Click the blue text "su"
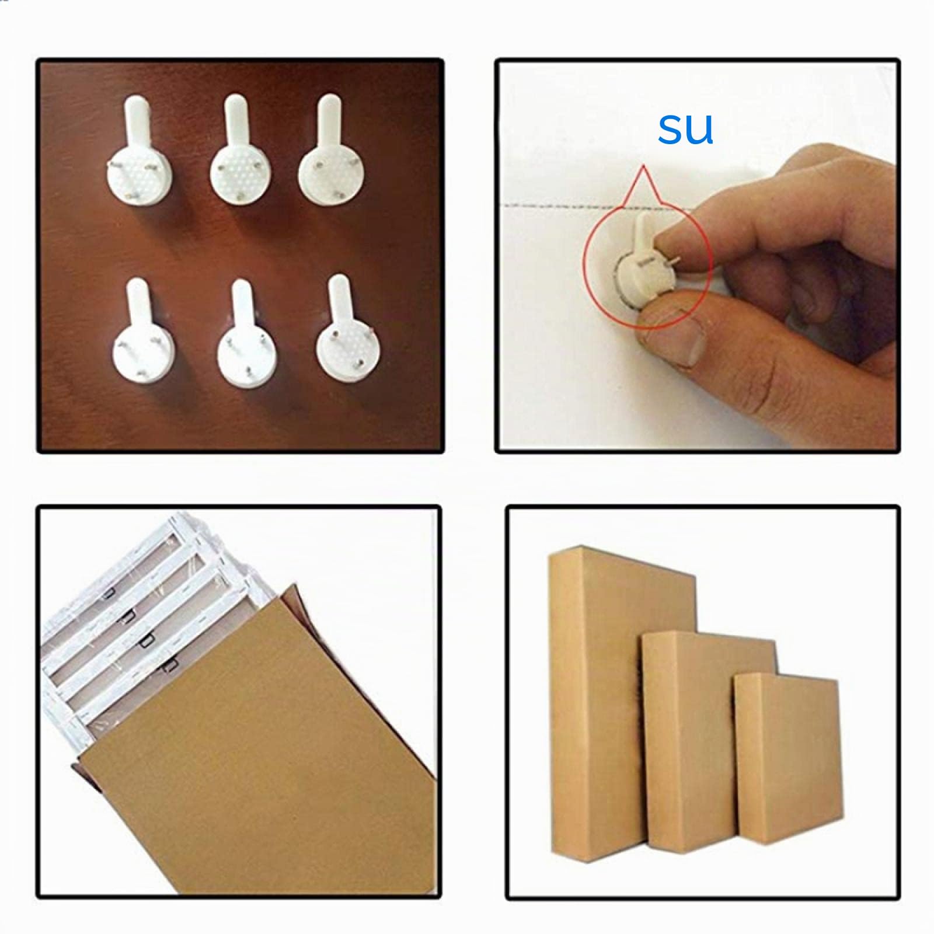coord(685,129)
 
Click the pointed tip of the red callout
coord(643,166)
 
